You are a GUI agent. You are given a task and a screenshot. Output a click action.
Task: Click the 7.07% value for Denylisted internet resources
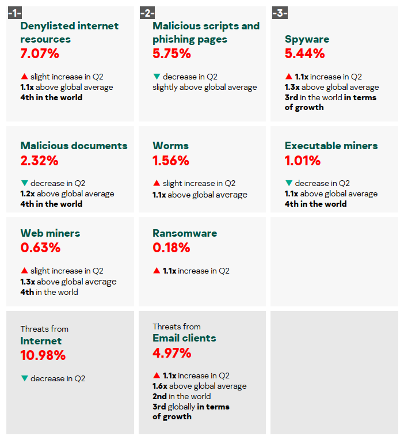click(40, 54)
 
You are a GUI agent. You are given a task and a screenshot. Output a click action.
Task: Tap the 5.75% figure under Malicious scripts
click(171, 54)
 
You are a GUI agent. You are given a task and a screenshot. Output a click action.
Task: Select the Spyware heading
click(307, 39)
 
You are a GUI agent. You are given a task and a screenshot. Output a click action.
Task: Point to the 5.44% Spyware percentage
click(304, 54)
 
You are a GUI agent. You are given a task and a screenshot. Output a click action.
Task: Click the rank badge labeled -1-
click(14, 13)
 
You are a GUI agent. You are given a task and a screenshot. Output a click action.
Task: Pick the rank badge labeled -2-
click(147, 13)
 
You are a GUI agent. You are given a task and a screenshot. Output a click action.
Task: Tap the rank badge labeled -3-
click(279, 13)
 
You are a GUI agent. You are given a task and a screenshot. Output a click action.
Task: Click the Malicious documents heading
click(74, 146)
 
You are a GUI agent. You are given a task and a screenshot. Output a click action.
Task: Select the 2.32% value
click(39, 161)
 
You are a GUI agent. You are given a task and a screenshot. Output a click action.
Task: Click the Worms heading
click(170, 146)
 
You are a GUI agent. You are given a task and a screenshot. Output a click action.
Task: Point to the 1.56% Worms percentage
click(171, 161)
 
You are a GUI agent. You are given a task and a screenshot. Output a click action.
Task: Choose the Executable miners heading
click(331, 146)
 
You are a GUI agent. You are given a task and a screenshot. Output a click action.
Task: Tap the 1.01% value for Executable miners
click(302, 161)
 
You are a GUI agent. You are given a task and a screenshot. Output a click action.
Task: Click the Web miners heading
click(50, 233)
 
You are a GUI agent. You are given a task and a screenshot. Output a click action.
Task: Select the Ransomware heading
click(185, 233)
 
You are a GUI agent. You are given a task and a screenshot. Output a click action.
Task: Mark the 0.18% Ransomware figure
click(171, 248)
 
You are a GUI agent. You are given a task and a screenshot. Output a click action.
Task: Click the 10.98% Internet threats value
click(43, 356)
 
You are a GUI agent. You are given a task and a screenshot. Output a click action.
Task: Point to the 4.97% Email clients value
click(171, 353)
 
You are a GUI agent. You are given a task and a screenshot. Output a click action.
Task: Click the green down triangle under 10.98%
click(24, 378)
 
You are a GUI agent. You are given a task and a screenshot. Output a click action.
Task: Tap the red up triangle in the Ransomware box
click(156, 270)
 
